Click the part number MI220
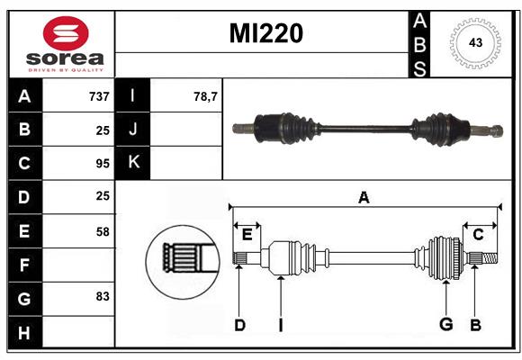(266, 33)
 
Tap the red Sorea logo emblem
(66, 33)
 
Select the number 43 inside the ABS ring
(475, 42)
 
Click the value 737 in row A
(99, 96)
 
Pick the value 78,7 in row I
(205, 96)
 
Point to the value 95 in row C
(103, 164)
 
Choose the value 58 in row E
(103, 231)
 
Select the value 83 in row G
(103, 296)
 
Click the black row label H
(25, 332)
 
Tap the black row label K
(133, 163)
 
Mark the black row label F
(25, 265)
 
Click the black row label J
(133, 129)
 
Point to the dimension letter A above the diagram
(364, 198)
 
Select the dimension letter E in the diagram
(247, 235)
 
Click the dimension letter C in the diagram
(478, 235)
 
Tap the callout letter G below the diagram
(446, 324)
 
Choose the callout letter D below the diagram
(239, 325)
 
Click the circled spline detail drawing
(183, 262)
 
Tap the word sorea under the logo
(65, 58)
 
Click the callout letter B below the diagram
(475, 325)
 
